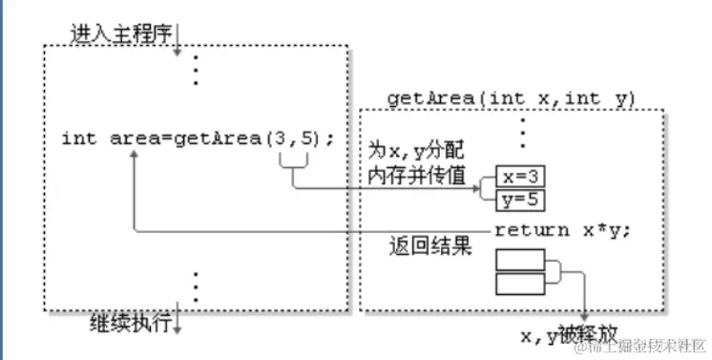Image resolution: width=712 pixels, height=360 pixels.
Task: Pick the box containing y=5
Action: [x=520, y=199]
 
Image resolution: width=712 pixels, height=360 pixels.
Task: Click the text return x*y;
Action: [x=563, y=230]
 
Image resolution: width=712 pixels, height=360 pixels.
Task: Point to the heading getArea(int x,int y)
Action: [x=512, y=99]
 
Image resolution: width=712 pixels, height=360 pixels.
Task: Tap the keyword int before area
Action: [x=78, y=138]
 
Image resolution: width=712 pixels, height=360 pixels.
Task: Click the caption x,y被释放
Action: [x=569, y=336]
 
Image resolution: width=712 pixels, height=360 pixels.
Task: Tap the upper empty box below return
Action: [x=519, y=260]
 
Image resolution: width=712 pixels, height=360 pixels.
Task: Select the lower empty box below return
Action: [x=519, y=283]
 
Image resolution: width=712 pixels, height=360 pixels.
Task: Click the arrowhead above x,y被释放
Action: [x=582, y=316]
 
